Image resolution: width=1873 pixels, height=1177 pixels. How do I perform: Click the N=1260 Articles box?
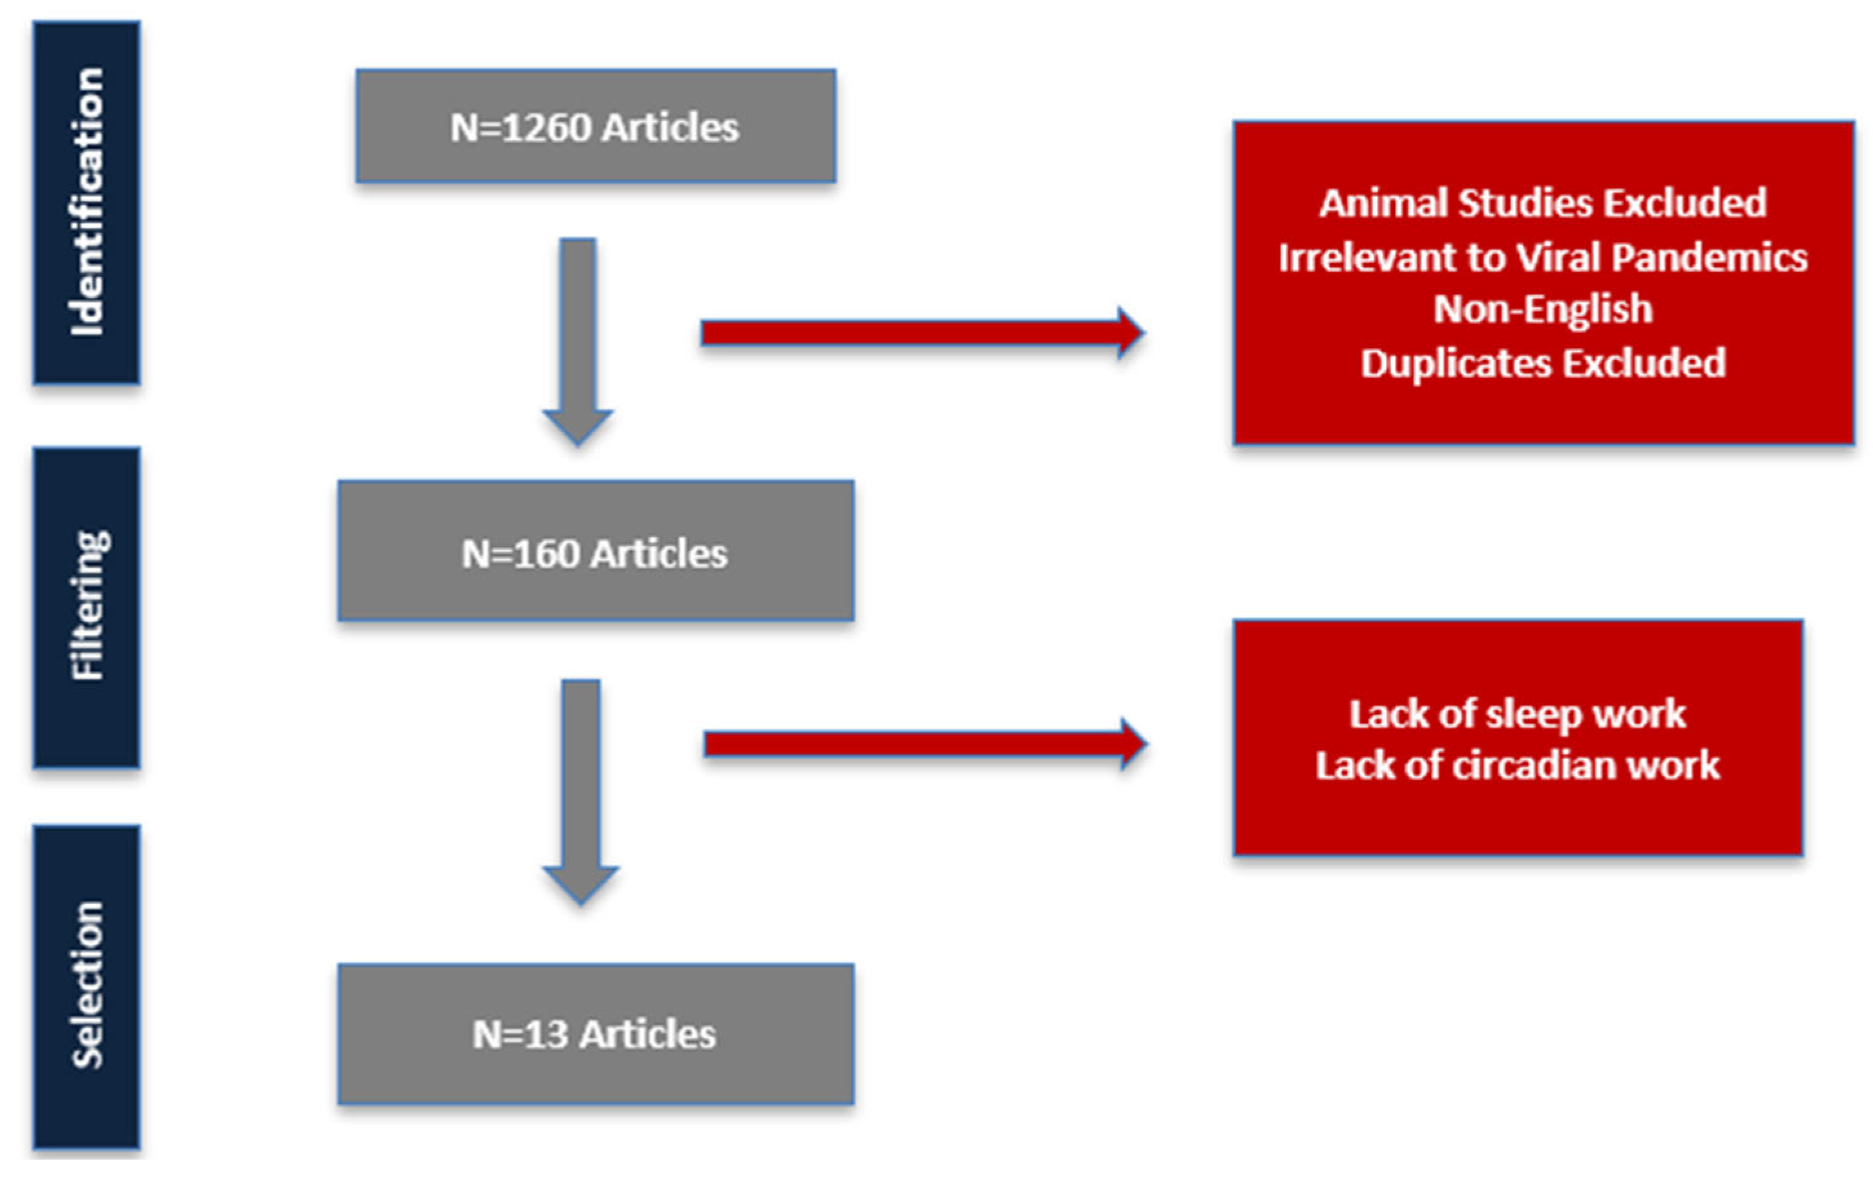click(x=596, y=126)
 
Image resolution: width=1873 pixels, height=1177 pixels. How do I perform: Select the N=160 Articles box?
click(x=596, y=551)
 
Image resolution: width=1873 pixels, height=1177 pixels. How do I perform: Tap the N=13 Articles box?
click(x=596, y=1034)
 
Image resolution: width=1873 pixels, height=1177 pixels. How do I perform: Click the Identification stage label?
click(x=87, y=202)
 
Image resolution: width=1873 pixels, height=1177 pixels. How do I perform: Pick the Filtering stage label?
click(x=87, y=607)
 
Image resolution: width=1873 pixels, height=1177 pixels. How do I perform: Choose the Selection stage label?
click(x=87, y=986)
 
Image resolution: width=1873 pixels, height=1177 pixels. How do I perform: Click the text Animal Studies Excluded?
click(x=1542, y=203)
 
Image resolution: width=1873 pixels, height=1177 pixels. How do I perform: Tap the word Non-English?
click(x=1542, y=309)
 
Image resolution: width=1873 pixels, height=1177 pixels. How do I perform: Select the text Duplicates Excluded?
click(x=1542, y=363)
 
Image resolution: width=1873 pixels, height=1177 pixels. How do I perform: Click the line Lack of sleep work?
click(x=1517, y=714)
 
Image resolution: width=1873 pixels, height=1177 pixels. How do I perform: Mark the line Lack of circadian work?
click(x=1517, y=766)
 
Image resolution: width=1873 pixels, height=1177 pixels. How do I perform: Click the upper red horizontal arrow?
click(x=922, y=333)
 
